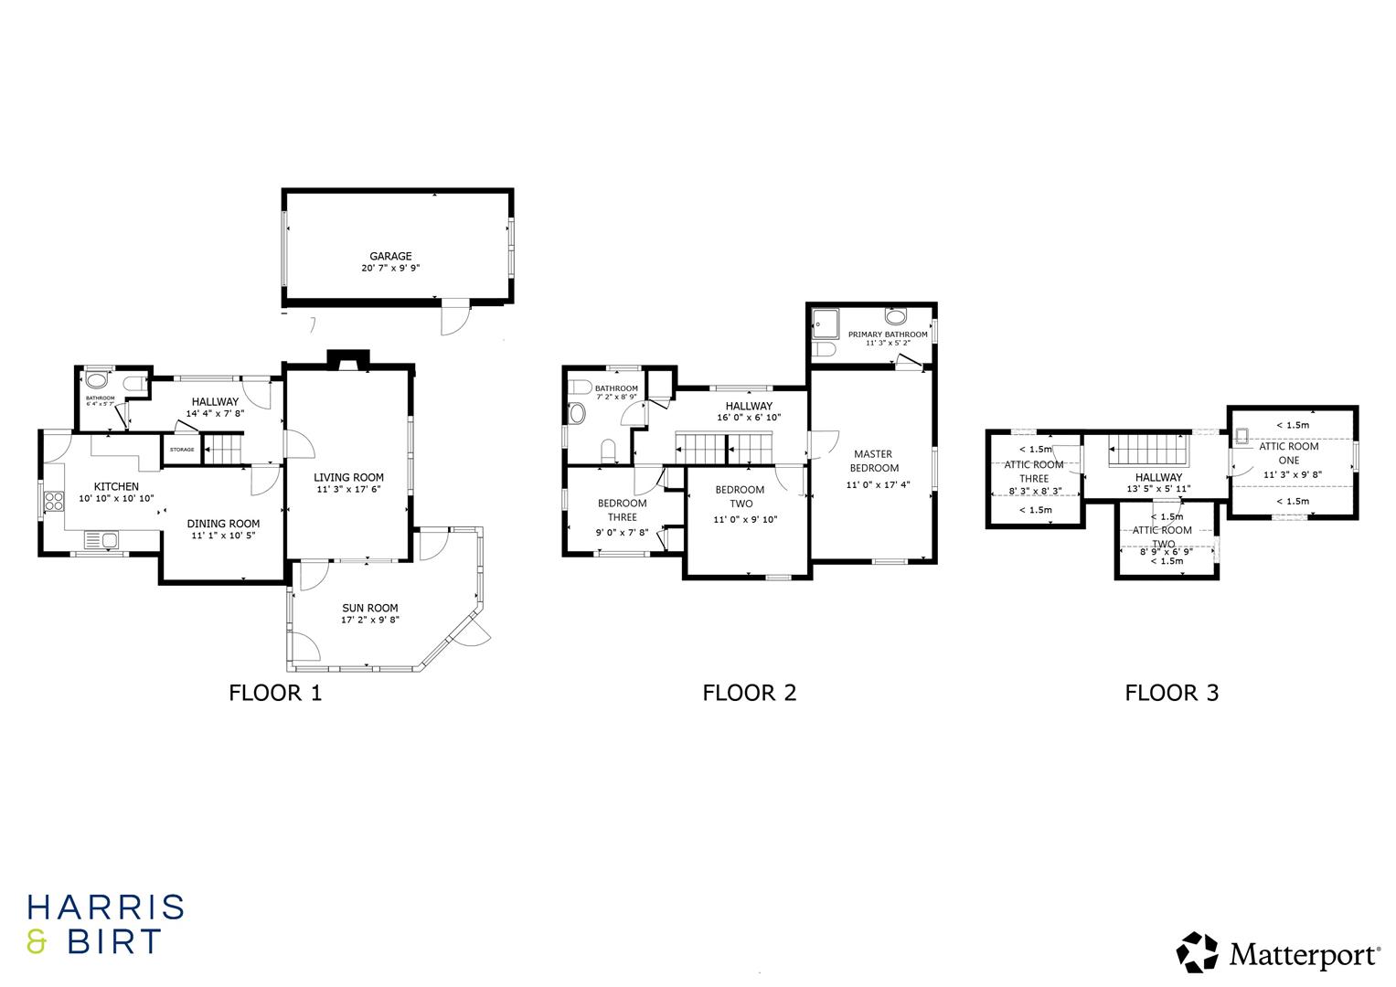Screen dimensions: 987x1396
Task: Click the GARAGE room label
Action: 390,257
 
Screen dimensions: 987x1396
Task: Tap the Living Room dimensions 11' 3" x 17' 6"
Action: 348,490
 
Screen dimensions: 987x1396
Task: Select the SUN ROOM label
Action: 370,608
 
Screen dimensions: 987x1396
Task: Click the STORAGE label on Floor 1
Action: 181,450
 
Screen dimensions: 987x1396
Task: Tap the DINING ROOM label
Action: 223,524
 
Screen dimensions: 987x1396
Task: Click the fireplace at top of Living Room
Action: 348,361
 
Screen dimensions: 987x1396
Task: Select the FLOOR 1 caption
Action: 275,693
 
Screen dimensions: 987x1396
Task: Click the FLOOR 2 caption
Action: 749,693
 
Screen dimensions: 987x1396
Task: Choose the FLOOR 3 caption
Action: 1171,693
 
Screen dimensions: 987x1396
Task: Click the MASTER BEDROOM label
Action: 873,461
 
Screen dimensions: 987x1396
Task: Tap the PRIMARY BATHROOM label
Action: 887,334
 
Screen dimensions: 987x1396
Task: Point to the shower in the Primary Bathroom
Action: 825,323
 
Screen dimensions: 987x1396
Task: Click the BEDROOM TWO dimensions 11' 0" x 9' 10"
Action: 745,520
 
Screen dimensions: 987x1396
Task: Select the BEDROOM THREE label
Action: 622,510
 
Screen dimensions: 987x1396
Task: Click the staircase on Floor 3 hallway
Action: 1147,451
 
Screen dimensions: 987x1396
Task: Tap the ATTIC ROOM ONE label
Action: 1288,453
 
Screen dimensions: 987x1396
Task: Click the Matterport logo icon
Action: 1197,952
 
